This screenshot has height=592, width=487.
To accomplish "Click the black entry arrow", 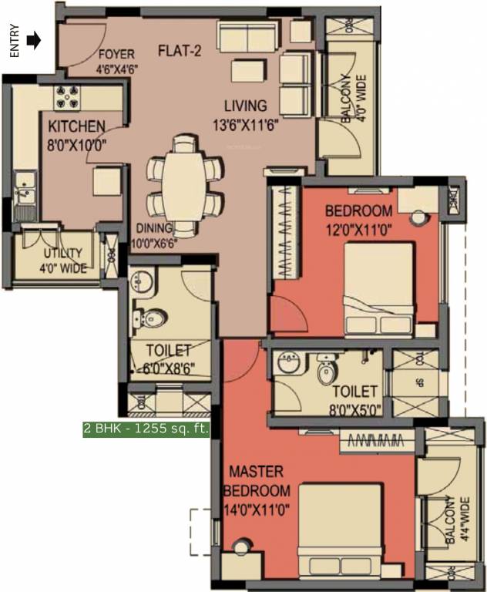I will tap(32, 40).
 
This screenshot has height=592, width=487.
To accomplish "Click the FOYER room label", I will tap(116, 55).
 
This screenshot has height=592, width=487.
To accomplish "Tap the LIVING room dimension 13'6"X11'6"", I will tap(245, 123).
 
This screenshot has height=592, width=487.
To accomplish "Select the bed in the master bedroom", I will tap(340, 528).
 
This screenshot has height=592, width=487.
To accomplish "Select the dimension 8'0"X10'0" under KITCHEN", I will tap(77, 143).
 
